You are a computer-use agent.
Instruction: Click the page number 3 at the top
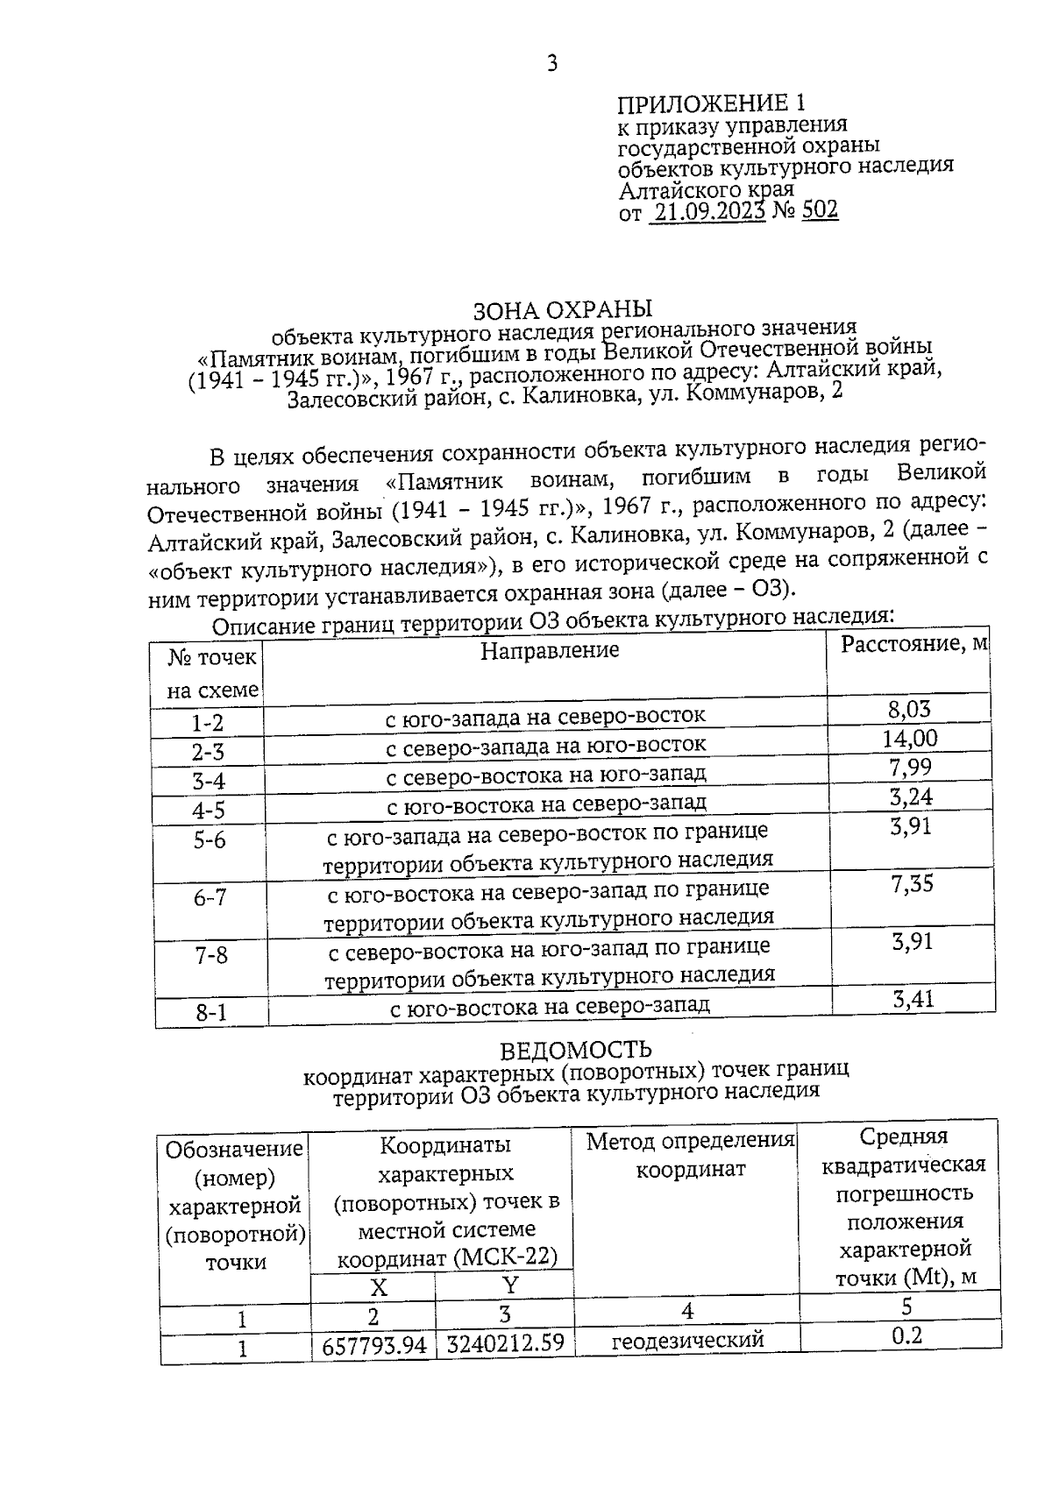[x=551, y=63]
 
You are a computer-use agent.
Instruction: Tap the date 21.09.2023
[x=707, y=211]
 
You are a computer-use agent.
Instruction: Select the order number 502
[x=820, y=210]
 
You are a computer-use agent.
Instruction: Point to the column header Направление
[x=550, y=650]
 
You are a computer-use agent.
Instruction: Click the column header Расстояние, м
[x=913, y=645]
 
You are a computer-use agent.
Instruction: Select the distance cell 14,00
[x=910, y=738]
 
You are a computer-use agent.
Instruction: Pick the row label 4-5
[x=209, y=810]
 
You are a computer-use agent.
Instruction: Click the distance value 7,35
[x=912, y=884]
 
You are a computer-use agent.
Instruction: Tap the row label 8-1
[x=211, y=1013]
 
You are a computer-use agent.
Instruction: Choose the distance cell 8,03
[x=909, y=709]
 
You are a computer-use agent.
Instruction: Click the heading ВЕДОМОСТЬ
[x=576, y=1049]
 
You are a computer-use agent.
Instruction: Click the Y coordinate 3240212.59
[x=504, y=1343]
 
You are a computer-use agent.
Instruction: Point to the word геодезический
[x=687, y=1340]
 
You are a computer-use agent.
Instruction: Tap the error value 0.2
[x=906, y=1335]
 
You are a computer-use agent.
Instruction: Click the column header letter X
[x=378, y=1287]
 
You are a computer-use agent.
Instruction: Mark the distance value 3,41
[x=912, y=999]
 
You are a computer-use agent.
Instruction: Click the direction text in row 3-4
[x=546, y=775]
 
